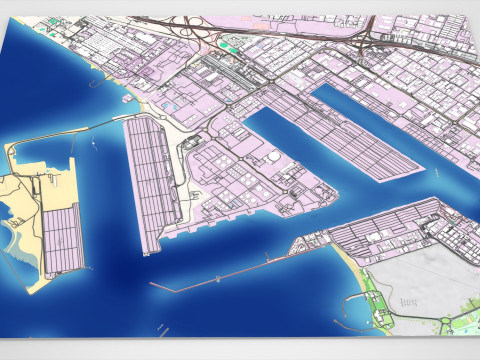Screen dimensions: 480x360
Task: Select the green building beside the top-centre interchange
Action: point(231,45)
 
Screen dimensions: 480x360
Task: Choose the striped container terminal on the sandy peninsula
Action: point(62,240)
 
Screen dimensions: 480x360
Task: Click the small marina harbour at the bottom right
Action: point(360,311)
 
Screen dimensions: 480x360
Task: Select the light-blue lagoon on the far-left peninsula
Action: point(12,240)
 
